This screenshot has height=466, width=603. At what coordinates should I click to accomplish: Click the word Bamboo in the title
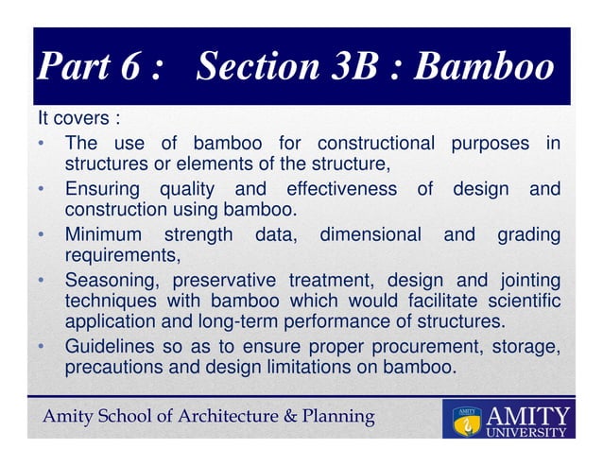[484, 68]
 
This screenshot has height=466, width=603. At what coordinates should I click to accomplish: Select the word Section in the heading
[256, 68]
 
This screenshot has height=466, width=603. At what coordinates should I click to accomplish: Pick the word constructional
[376, 144]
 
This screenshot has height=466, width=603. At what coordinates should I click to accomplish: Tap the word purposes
[491, 144]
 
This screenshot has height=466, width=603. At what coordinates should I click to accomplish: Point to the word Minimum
[103, 233]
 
